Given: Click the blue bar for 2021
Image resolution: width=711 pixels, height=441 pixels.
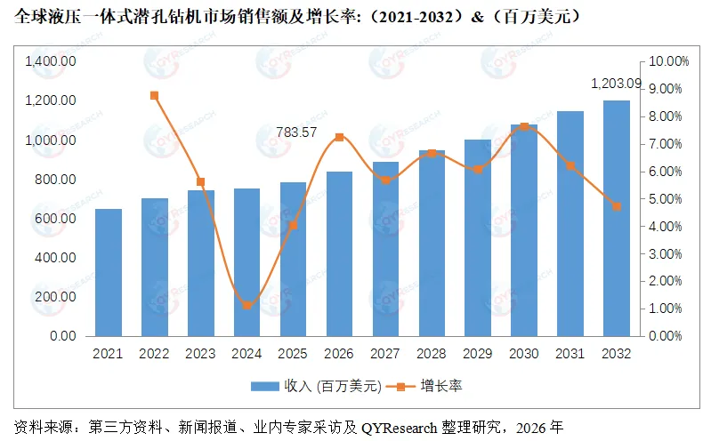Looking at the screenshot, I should pos(109,272).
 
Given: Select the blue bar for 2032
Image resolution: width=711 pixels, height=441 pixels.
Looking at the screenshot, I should pos(617,218).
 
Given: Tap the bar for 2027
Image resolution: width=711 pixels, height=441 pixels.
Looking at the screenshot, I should pos(385,249).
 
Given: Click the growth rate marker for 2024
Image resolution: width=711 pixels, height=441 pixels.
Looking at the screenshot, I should pos(246,306).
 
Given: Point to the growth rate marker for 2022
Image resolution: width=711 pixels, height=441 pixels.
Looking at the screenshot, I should pos(154,95).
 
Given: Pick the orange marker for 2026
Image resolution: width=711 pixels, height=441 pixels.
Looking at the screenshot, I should pos(339,137).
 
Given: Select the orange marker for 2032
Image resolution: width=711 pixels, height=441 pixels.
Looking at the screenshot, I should pos(617,206).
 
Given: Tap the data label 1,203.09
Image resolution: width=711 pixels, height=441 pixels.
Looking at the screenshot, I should pos(616,84).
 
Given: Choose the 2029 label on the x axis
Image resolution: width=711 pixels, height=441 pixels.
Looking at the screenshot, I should pos(478,353).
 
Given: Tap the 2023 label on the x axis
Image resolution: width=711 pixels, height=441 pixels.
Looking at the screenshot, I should pos(200,353).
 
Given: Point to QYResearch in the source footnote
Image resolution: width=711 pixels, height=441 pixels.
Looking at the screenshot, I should pos(399,426).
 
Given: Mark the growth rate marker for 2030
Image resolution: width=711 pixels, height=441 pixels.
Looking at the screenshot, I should pos(524,126).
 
